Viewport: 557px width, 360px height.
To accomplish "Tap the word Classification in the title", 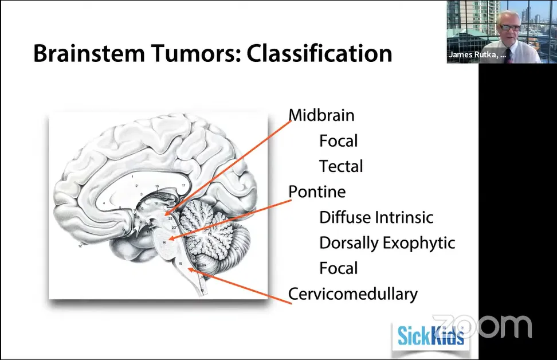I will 319,54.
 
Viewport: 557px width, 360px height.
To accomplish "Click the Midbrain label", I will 321,115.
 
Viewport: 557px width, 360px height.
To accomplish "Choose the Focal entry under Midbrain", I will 338,141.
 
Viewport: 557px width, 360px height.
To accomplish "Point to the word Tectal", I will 341,167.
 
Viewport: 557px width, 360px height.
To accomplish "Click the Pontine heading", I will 317,191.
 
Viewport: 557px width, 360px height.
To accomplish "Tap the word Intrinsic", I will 404,217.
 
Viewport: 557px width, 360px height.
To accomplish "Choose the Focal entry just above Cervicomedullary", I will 338,268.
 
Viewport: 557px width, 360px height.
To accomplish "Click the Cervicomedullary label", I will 352,294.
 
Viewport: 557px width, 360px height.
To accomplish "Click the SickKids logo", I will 431,334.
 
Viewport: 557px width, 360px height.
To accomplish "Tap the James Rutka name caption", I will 477,56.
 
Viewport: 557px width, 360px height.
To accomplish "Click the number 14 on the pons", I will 164,243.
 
